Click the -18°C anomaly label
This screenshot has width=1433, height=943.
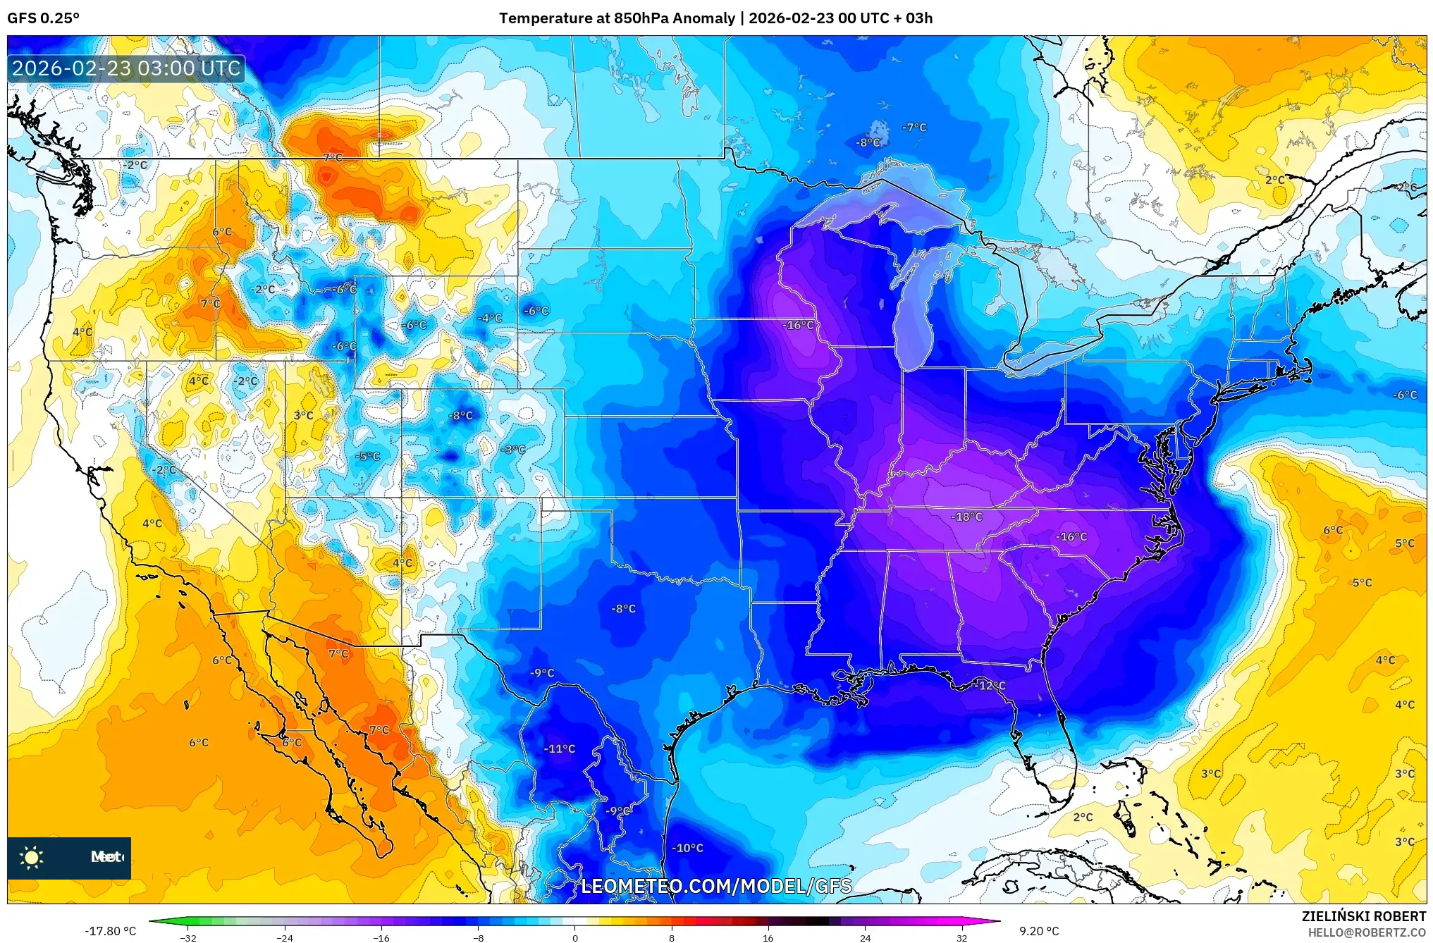pos(966,517)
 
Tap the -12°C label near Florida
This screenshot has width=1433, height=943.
pos(990,685)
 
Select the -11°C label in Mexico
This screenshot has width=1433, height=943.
pos(560,748)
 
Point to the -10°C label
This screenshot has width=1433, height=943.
pos(687,848)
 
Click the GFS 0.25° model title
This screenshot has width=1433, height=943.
pos(43,18)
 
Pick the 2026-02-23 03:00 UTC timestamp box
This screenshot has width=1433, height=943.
pos(126,68)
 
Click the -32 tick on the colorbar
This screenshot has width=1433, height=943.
pos(187,937)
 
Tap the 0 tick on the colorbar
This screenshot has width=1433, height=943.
pos(575,937)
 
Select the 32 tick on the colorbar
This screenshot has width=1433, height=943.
pos(961,937)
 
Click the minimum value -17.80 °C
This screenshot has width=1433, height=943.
pos(110,931)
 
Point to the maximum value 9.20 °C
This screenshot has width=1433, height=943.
pos(1039,931)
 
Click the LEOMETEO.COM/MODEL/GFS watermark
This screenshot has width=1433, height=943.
pos(716,886)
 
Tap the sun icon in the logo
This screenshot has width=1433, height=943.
pos(32,857)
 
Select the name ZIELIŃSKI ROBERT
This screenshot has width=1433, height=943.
pos(1363,916)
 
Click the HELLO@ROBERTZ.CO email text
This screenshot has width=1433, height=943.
pos(1367,932)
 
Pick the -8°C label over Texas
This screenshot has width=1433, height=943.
pos(623,608)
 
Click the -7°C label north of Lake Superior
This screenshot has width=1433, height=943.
pos(914,127)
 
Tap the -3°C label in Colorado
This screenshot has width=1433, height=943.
pos(513,449)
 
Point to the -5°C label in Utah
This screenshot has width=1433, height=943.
pos(367,456)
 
